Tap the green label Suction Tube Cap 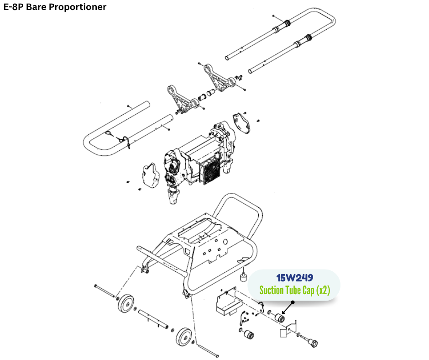[x=294, y=290]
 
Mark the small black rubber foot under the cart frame [x=244, y=277]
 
